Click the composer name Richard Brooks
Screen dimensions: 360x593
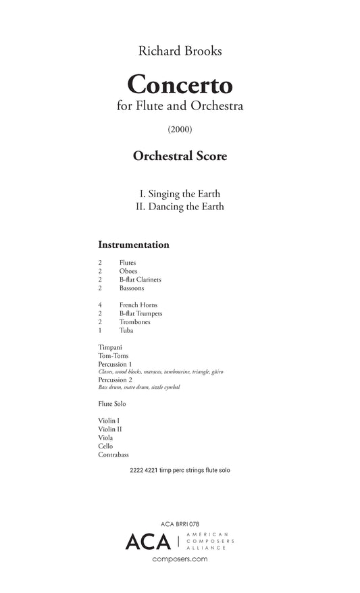tap(180, 51)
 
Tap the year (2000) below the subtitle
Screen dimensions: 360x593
tap(180, 128)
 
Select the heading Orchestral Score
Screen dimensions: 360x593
tap(180, 156)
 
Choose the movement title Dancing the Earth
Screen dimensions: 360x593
tap(180, 207)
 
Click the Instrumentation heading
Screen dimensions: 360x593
tap(134, 244)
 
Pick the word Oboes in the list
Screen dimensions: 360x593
tap(128, 271)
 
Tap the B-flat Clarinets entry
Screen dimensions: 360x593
tap(140, 280)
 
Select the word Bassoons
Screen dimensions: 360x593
tap(132, 288)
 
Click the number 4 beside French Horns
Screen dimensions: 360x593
tap(100, 305)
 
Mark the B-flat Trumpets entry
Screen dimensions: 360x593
tap(140, 314)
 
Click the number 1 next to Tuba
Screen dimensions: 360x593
tap(100, 331)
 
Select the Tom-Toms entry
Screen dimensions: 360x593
tap(113, 355)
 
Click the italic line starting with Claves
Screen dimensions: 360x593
tap(161, 372)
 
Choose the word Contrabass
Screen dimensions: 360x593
tap(114, 455)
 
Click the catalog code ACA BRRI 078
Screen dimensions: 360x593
tap(180, 524)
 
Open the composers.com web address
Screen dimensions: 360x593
tap(180, 559)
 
